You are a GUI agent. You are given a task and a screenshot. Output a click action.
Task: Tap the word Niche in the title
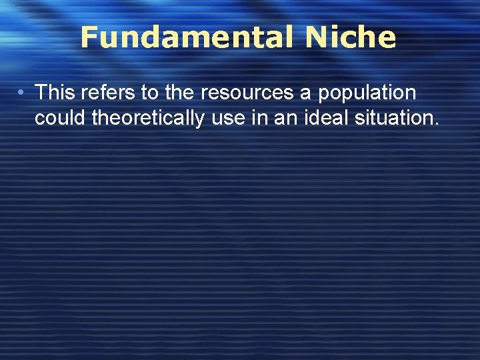[x=351, y=37]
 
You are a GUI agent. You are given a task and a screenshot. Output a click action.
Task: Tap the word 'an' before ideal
[x=281, y=119]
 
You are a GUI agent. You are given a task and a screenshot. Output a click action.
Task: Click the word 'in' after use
[x=258, y=118]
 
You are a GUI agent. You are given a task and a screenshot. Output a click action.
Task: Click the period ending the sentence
[x=437, y=124]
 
